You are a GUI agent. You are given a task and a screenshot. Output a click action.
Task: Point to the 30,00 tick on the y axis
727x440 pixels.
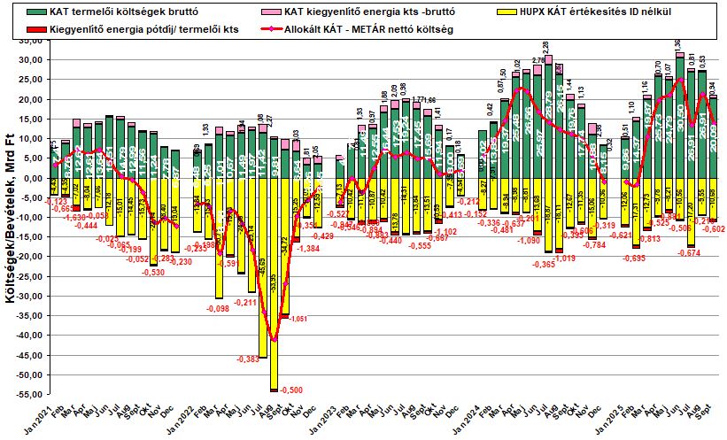tap(32, 60)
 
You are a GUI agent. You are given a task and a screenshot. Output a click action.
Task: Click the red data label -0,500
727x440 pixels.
tap(290, 390)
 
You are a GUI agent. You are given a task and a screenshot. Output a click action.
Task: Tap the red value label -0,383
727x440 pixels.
tap(248, 359)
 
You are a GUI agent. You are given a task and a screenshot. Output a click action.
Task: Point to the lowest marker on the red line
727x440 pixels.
tap(275, 340)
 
